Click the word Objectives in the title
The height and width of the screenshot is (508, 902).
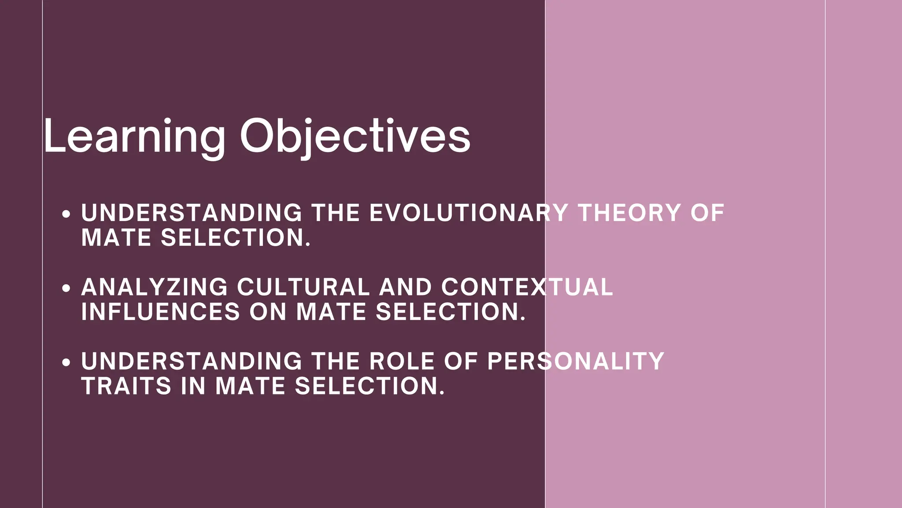coord(355,136)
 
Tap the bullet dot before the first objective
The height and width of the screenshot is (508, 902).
coord(66,214)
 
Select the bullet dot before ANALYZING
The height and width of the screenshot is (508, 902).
coord(66,288)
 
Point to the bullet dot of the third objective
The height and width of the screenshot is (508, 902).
coord(66,362)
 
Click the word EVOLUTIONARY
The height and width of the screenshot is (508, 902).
coord(468,213)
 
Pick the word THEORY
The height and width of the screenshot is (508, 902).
coord(629,213)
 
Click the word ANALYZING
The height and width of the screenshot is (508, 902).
coord(155,287)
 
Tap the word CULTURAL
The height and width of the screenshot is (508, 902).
coord(303,287)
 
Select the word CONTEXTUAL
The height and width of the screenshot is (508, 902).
coord(527,287)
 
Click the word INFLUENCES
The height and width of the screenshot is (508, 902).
coord(161,312)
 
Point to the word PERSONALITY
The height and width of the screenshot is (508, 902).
coord(576,361)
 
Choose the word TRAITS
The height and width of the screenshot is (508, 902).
coord(126,386)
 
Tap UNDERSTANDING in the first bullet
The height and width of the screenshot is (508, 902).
coord(192,213)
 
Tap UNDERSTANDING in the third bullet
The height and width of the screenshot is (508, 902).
coord(192,361)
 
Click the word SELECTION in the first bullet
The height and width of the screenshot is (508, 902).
coord(236,238)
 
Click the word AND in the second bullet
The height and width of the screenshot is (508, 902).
coord(405,287)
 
